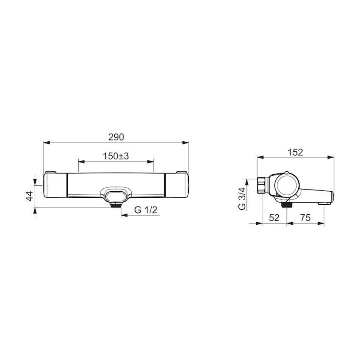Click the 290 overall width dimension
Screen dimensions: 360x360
[116, 137]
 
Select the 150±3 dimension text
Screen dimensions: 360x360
[116, 156]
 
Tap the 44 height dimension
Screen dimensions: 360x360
[30, 196]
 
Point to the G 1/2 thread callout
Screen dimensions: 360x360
[146, 210]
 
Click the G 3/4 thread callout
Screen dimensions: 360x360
[242, 199]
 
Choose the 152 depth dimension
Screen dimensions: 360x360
[295, 152]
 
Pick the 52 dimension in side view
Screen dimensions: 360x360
[274, 218]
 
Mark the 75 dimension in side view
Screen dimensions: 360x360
[305, 218]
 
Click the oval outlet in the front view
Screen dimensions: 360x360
[116, 196]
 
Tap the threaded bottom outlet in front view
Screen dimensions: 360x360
[116, 205]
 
